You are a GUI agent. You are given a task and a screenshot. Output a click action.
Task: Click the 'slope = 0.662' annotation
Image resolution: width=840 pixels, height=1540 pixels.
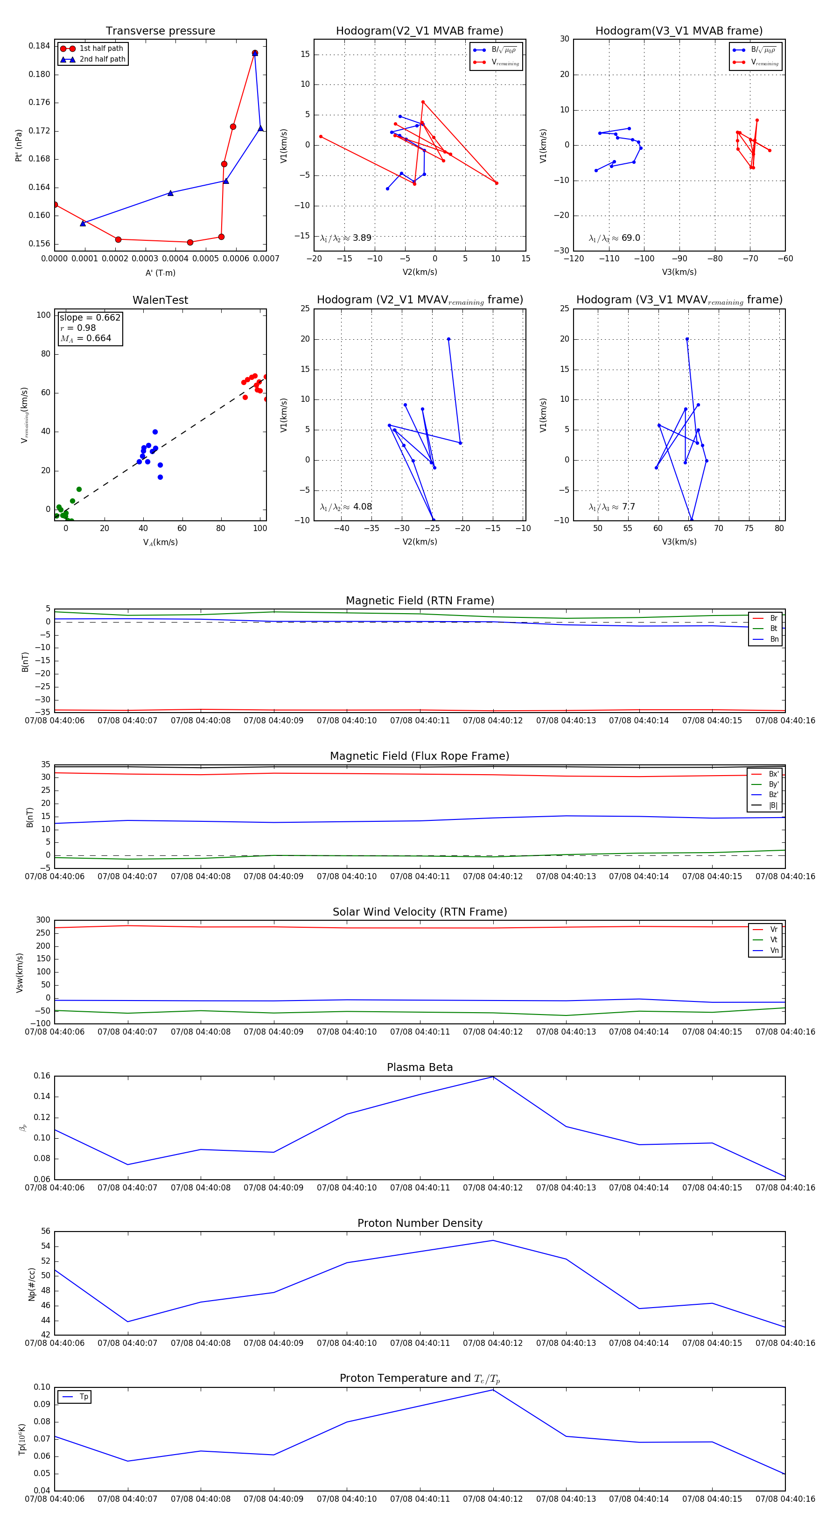click(90, 317)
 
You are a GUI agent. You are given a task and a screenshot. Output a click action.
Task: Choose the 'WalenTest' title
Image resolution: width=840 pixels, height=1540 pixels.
click(160, 300)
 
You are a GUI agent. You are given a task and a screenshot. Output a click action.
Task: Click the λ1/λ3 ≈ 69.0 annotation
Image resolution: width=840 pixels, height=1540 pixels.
click(614, 238)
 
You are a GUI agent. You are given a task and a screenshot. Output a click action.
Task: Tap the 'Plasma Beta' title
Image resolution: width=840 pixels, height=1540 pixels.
click(420, 1067)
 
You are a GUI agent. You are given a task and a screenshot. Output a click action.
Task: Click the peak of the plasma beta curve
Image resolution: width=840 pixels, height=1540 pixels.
click(493, 1077)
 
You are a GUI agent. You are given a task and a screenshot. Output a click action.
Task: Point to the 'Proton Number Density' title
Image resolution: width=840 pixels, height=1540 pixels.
click(420, 1223)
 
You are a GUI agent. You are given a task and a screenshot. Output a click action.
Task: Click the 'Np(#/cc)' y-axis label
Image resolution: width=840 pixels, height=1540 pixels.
click(32, 1284)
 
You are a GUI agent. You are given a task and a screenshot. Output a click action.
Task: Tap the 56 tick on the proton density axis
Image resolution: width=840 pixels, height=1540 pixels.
click(45, 1232)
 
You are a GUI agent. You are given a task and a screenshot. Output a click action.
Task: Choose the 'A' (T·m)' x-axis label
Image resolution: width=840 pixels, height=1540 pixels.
click(160, 273)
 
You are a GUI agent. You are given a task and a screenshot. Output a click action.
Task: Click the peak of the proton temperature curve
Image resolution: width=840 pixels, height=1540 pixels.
click(493, 1390)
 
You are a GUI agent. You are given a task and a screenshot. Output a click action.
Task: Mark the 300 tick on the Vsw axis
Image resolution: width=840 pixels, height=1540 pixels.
click(43, 920)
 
